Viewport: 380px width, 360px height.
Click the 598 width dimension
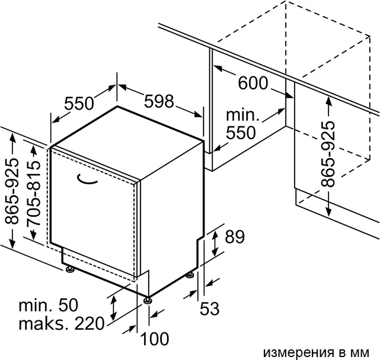pyautogui.click(x=159, y=101)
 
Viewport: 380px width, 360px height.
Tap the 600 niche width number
pyautogui.click(x=253, y=83)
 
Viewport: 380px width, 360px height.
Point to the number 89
pyautogui.click(x=235, y=237)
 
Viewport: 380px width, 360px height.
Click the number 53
pyautogui.click(x=210, y=308)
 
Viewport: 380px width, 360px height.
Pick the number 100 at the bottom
pyautogui.click(x=155, y=339)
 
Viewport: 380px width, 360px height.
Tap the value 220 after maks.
pyautogui.click(x=89, y=324)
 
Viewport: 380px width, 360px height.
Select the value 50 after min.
pyautogui.click(x=68, y=305)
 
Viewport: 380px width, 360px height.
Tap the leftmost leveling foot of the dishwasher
pyautogui.click(x=71, y=269)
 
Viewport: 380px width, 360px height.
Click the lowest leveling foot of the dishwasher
pyautogui.click(x=148, y=300)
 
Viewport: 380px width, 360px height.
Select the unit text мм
pyautogui.click(x=360, y=352)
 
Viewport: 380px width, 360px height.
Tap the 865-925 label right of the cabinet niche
pyautogui.click(x=328, y=154)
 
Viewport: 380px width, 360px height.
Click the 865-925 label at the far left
pyautogui.click(x=12, y=191)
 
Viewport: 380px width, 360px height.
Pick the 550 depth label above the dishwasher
pyautogui.click(x=79, y=104)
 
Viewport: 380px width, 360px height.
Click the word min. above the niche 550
pyautogui.click(x=242, y=115)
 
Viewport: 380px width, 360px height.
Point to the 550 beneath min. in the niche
pyautogui.click(x=241, y=133)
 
